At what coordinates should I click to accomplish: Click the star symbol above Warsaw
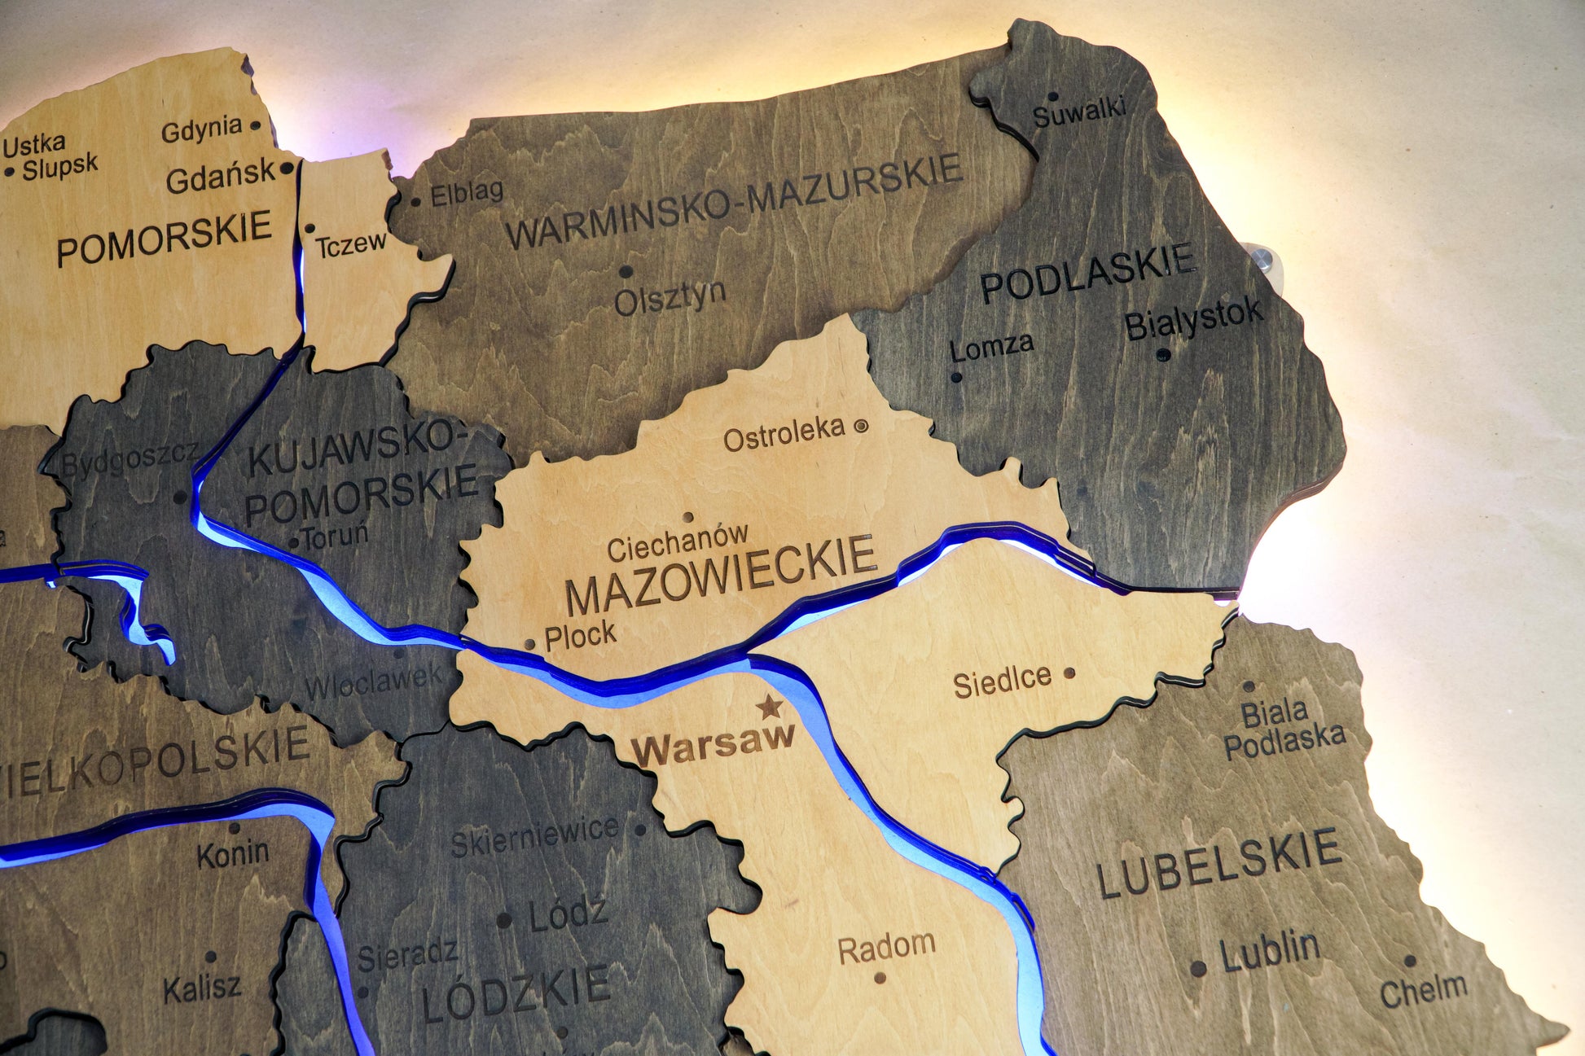tap(769, 706)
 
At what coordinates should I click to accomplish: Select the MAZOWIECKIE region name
tap(720, 575)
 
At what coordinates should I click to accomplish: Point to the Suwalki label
tap(1079, 112)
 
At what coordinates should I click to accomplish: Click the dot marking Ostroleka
tap(861, 425)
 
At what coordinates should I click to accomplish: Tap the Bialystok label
tap(1193, 320)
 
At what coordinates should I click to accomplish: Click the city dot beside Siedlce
tap(1069, 673)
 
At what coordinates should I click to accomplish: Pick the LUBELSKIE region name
tap(1218, 862)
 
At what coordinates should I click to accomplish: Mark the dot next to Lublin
tap(1198, 968)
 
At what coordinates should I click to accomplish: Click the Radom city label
tap(886, 949)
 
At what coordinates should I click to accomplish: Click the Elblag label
tap(466, 193)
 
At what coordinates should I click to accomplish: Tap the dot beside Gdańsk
tap(287, 169)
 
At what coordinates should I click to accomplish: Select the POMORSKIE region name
tap(164, 239)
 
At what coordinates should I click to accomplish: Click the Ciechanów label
tap(677, 542)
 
